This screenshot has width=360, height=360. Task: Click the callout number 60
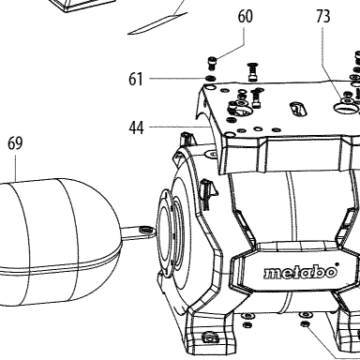click(x=245, y=16)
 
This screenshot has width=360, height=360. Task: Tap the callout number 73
click(x=323, y=16)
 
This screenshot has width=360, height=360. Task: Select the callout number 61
click(x=136, y=79)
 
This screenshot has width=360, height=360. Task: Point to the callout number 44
click(x=137, y=127)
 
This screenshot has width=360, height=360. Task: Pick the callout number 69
click(x=15, y=143)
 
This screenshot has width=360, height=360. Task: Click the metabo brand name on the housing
click(x=300, y=273)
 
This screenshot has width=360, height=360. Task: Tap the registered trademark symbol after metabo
click(x=337, y=264)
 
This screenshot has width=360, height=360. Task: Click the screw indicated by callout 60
click(x=212, y=63)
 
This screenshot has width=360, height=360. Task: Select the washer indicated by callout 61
click(x=210, y=78)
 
